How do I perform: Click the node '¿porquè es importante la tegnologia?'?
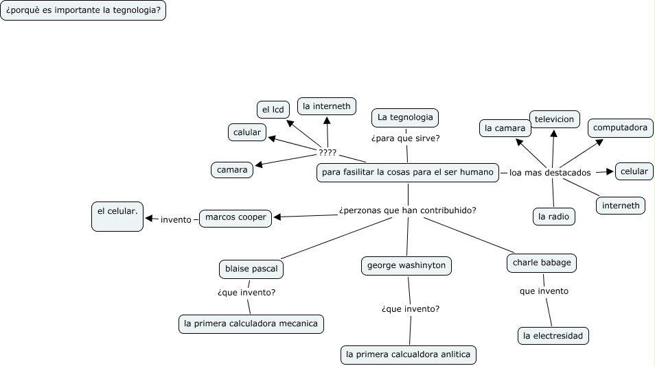tap(83, 11)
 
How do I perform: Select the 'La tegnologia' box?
tap(405, 118)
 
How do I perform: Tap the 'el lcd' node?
tap(271, 110)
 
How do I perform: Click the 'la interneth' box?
tap(327, 106)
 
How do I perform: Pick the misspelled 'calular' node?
tap(247, 132)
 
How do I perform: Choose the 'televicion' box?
tap(554, 119)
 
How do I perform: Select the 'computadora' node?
tap(619, 127)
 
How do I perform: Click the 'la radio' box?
tap(553, 217)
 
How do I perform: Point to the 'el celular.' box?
tap(117, 216)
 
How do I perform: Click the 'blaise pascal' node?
tap(251, 269)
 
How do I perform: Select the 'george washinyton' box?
tap(406, 265)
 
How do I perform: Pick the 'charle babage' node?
tap(542, 263)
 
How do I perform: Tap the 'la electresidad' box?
tap(553, 336)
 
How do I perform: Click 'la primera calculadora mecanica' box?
tap(251, 324)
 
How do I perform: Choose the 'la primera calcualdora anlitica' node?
tap(408, 354)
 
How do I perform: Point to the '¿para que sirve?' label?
tap(406, 138)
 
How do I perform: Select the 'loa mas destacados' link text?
tap(550, 173)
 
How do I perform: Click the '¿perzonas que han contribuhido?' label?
tap(408, 210)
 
